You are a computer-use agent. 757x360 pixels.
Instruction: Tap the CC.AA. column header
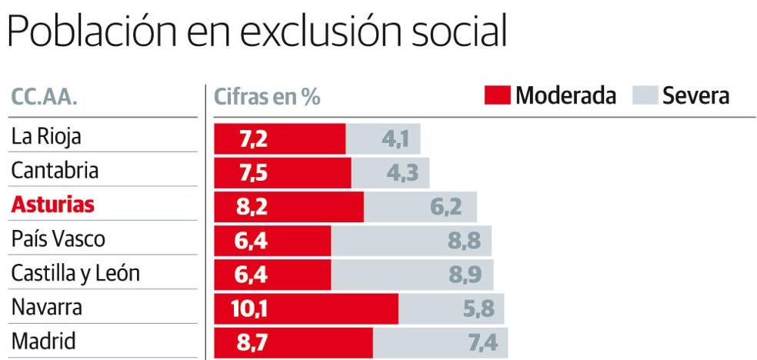[45, 98]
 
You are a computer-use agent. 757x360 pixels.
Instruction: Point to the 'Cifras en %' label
[267, 98]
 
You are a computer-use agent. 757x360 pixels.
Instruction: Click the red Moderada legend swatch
[497, 96]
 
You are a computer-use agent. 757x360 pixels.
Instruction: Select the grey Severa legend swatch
[644, 96]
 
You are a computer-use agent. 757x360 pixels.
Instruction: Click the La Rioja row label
[46, 137]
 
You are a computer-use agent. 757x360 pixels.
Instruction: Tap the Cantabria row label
[55, 171]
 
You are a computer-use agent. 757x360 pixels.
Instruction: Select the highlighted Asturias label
[53, 205]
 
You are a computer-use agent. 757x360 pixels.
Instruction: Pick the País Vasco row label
[58, 239]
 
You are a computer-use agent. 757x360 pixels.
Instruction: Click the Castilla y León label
[75, 274]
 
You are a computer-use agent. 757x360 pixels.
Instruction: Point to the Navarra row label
[47, 308]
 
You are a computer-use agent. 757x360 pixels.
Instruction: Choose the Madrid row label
[44, 342]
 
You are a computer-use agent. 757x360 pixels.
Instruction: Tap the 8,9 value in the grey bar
[465, 275]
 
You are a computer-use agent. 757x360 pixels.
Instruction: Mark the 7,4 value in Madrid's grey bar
[483, 343]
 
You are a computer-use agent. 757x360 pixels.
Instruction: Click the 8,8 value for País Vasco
[464, 241]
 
